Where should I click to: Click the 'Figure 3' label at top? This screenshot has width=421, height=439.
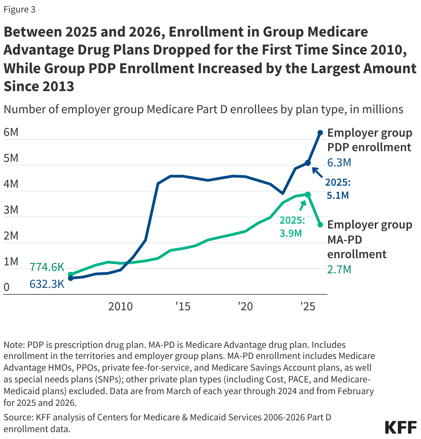pos(19,9)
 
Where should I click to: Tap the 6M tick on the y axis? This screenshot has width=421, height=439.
pos(11,132)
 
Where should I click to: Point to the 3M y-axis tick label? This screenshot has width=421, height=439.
pos(11,210)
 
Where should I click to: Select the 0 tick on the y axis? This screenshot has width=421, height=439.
pos(7,287)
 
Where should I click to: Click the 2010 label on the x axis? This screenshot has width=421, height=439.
pos(120,306)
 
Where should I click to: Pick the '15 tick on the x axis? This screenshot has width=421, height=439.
pos(183,306)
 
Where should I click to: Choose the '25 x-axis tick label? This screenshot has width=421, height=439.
pos(307,306)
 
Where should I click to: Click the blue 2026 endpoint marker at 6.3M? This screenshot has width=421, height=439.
pos(320,133)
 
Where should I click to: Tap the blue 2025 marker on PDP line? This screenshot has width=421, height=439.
pos(308,163)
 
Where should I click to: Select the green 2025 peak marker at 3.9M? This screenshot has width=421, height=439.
pos(308,195)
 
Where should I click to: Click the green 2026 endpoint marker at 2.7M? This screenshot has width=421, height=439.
pos(320,225)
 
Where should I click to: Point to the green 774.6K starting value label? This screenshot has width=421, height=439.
pos(47,267)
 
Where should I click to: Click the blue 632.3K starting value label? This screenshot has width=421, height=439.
pos(47,284)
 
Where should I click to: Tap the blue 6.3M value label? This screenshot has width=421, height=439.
pos(339,163)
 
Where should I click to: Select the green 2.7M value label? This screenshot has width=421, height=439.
pos(339,269)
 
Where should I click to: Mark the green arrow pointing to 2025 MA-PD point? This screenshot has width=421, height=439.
pos(303,205)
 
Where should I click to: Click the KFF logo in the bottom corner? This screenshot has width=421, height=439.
pos(401,427)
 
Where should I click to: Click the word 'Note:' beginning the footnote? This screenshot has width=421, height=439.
pos(14,345)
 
